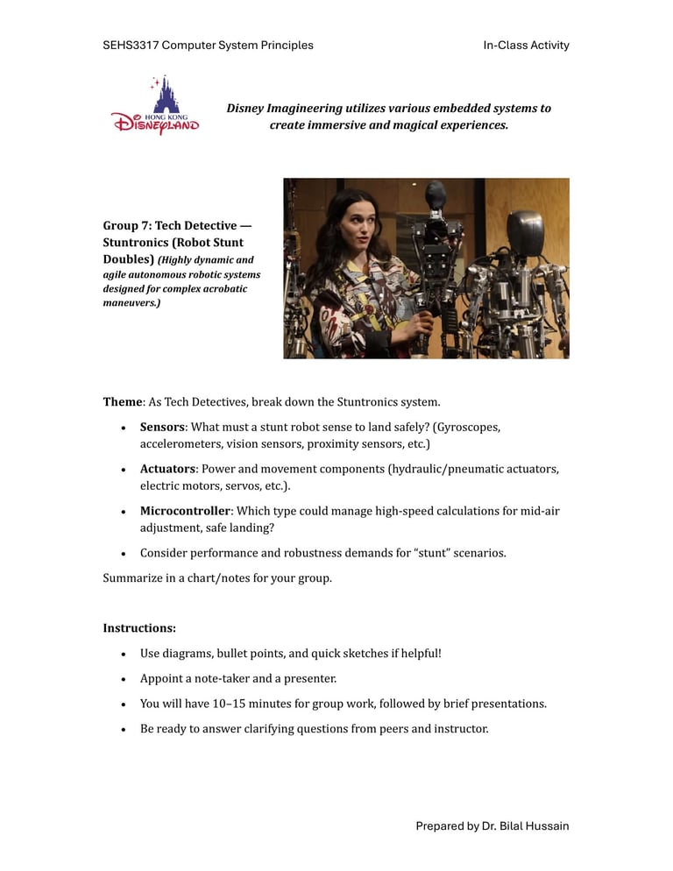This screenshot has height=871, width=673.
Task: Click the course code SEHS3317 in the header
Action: (131, 45)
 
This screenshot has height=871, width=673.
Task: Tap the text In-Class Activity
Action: (526, 45)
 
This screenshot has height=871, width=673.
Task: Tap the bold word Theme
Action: (122, 402)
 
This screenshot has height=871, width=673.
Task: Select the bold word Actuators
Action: (166, 469)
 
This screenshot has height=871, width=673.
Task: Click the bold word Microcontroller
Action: (184, 511)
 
